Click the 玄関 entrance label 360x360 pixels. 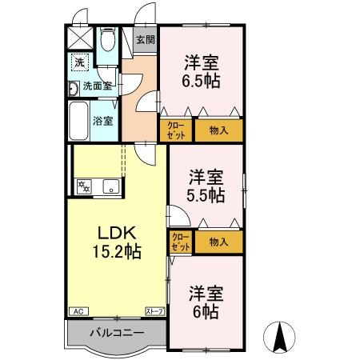coord(145,40)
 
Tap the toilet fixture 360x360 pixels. coord(108,40)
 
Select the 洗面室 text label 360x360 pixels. coord(98,86)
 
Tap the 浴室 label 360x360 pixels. coord(105,120)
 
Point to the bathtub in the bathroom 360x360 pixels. coord(78,121)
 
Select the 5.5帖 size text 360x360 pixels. coord(206,194)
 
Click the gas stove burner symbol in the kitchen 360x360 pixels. coord(83,188)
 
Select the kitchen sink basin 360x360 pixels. coord(110,189)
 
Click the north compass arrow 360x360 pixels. coord(282,336)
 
